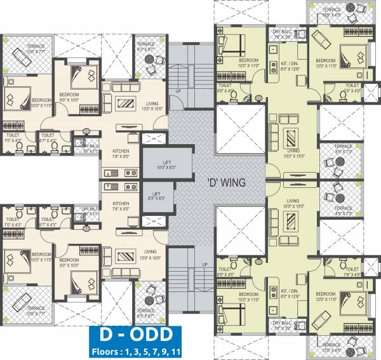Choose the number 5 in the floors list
coord(143,350)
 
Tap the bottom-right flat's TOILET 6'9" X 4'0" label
coord(225,271)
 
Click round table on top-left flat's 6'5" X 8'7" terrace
coord(151,59)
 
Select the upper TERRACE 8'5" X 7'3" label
coord(343,152)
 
